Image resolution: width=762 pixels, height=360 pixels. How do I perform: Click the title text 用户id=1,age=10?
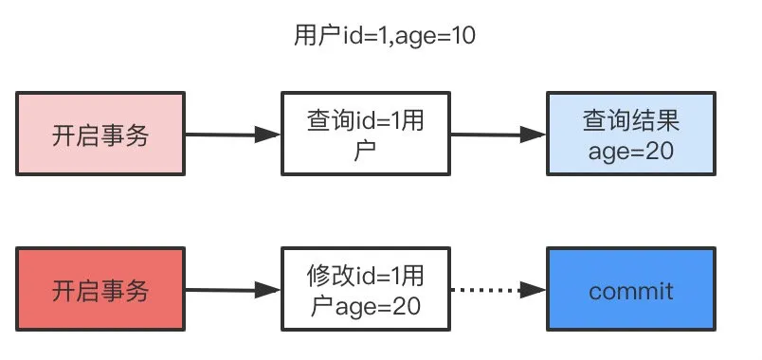(x=384, y=39)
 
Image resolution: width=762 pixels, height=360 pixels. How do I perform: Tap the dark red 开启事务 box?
(x=100, y=289)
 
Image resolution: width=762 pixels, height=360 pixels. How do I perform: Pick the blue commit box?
(x=630, y=290)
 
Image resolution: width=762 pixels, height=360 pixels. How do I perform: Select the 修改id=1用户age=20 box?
(x=365, y=290)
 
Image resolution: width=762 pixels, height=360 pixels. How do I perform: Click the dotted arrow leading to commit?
(x=493, y=290)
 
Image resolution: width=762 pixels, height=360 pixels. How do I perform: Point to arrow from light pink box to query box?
(x=232, y=135)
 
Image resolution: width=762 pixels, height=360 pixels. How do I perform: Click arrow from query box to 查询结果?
(x=498, y=135)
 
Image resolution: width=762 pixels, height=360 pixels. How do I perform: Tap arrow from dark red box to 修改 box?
(x=232, y=290)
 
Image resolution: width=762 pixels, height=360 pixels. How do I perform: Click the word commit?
(x=630, y=290)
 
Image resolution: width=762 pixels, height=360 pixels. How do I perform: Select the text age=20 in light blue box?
(x=630, y=151)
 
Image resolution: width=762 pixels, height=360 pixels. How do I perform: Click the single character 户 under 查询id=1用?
(x=365, y=151)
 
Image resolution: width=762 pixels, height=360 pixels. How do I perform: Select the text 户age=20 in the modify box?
(x=365, y=305)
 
